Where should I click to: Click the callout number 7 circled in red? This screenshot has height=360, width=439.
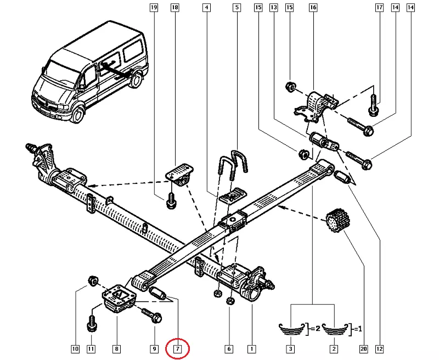(x=178, y=348)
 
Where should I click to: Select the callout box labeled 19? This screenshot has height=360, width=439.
(x=154, y=8)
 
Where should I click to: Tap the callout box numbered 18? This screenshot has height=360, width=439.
(x=175, y=8)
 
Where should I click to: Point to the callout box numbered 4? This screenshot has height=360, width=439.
(x=206, y=8)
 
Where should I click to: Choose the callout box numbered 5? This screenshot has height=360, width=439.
(x=237, y=8)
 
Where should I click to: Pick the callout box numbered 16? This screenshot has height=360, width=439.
(x=313, y=8)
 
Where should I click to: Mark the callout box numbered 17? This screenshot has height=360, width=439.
(x=379, y=8)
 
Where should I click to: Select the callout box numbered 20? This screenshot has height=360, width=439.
(x=363, y=348)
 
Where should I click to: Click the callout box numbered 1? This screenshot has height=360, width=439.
(x=251, y=348)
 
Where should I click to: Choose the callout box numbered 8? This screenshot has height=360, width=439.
(x=116, y=348)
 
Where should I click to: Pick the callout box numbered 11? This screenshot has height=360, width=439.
(x=91, y=348)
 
